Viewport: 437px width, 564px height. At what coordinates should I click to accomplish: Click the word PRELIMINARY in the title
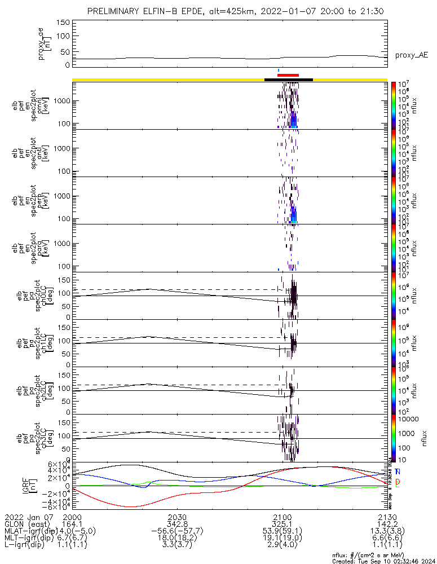(116, 11)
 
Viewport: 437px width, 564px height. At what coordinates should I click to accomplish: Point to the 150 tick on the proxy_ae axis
(63, 23)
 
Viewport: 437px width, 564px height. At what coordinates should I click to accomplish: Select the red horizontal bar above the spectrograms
(288, 75)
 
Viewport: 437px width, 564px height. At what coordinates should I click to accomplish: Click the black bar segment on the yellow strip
(289, 80)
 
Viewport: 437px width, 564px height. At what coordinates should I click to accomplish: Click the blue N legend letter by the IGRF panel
(398, 472)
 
